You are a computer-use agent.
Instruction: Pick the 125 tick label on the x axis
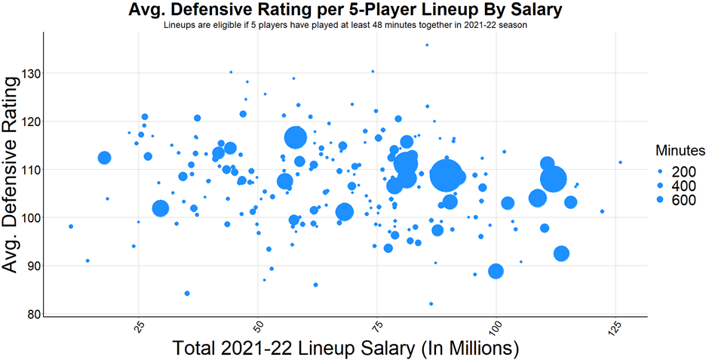click(615, 331)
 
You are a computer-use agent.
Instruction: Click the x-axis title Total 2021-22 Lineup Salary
click(346, 349)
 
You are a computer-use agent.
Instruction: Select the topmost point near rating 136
click(427, 45)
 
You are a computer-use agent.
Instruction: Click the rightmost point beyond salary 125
click(621, 162)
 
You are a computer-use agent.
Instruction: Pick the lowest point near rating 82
click(431, 303)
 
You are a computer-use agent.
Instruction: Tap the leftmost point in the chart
click(71, 226)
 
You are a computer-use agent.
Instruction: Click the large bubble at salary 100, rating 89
click(496, 271)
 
